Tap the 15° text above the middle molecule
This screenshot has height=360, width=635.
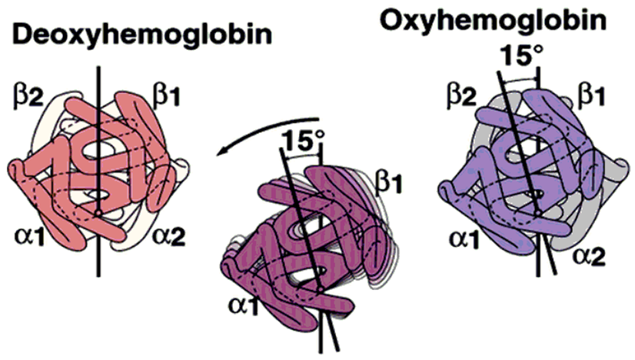[x=300, y=142]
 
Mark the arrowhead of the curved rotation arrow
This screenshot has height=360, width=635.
[x=220, y=154]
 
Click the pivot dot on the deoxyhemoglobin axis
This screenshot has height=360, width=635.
[x=98, y=210]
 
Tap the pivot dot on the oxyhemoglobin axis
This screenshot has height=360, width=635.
[x=538, y=209]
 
